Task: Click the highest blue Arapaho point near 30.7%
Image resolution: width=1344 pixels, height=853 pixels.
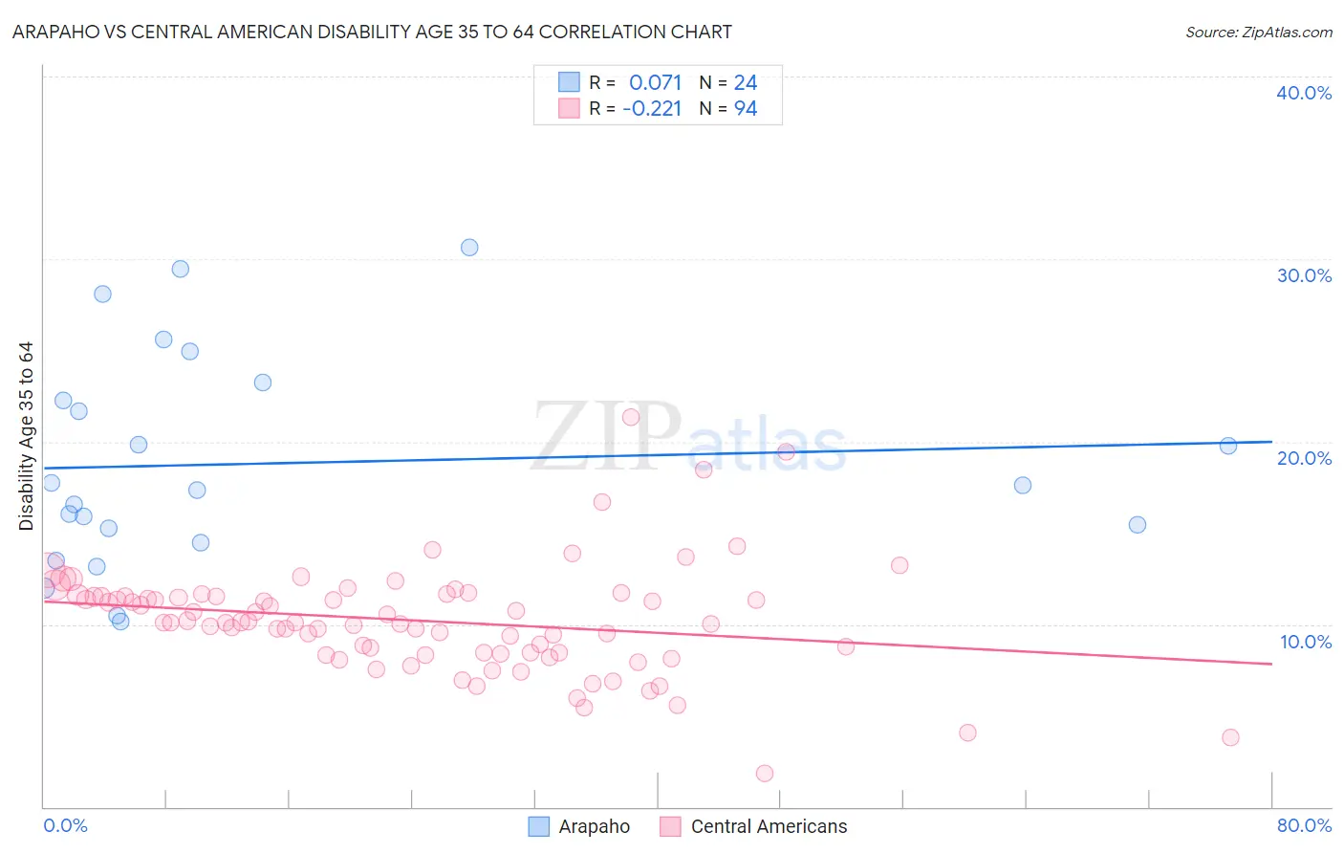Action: (469, 248)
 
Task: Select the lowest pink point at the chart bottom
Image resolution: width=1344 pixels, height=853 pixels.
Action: (765, 774)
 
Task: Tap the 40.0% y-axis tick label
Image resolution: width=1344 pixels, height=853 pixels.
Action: (1304, 93)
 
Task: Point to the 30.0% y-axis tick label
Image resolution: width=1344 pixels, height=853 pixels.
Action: (1304, 275)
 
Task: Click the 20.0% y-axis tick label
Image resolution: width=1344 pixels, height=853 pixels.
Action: (1304, 458)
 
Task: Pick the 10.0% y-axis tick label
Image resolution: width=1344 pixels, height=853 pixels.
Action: (1305, 642)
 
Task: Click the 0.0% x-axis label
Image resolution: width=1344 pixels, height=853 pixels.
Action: (65, 825)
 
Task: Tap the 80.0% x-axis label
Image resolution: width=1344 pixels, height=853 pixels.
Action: (1304, 825)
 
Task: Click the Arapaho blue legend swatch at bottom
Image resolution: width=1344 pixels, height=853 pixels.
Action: (539, 826)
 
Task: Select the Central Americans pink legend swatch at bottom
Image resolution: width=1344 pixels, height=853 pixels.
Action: (671, 826)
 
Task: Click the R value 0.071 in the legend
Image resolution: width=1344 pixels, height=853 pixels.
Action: (655, 83)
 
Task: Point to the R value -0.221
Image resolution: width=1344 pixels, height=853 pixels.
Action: (652, 109)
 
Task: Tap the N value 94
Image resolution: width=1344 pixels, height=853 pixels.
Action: (746, 109)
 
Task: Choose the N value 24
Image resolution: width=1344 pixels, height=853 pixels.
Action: (746, 83)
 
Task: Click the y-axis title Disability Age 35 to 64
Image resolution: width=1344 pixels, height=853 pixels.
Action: (26, 436)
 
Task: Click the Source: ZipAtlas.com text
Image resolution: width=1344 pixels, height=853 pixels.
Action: (1258, 33)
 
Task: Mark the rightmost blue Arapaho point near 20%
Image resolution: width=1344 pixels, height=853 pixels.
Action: (1228, 446)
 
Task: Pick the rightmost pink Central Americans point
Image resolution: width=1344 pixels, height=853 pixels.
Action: (1230, 737)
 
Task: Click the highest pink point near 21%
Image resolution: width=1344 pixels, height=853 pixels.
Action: (631, 417)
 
